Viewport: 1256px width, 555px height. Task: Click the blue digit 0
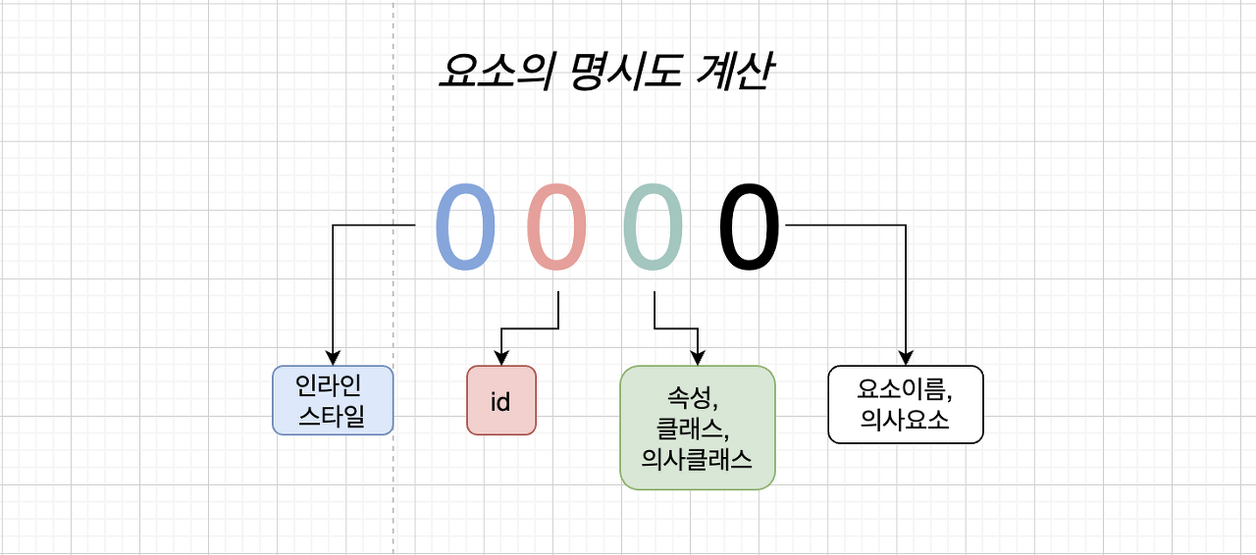click(464, 227)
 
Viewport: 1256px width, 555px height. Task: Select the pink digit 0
click(557, 227)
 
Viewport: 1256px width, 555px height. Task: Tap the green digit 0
click(653, 227)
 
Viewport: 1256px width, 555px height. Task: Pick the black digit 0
click(750, 227)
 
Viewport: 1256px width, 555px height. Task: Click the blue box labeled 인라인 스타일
click(333, 400)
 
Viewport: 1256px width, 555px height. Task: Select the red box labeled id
click(501, 400)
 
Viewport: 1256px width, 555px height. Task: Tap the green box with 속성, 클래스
click(698, 428)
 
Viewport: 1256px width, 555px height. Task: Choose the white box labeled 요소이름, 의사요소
click(906, 405)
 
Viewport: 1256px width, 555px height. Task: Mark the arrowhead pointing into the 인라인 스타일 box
click(333, 359)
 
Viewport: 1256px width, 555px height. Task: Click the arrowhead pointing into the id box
click(501, 359)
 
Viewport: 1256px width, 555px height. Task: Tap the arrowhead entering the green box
click(698, 359)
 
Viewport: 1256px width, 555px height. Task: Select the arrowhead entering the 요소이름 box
click(906, 359)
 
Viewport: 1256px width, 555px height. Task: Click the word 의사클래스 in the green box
click(697, 458)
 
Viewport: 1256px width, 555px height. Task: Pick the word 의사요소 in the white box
click(905, 420)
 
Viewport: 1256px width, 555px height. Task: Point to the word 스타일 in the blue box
click(332, 416)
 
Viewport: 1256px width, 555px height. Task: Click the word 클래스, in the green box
click(697, 429)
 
